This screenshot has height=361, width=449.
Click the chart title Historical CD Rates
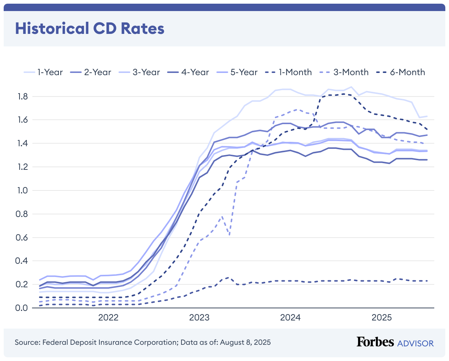pyautogui.click(x=89, y=29)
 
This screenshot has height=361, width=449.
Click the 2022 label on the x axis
pyautogui.click(x=108, y=317)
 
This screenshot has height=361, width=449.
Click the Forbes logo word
pyautogui.click(x=375, y=342)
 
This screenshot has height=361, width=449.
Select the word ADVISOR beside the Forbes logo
pyautogui.click(x=416, y=343)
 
